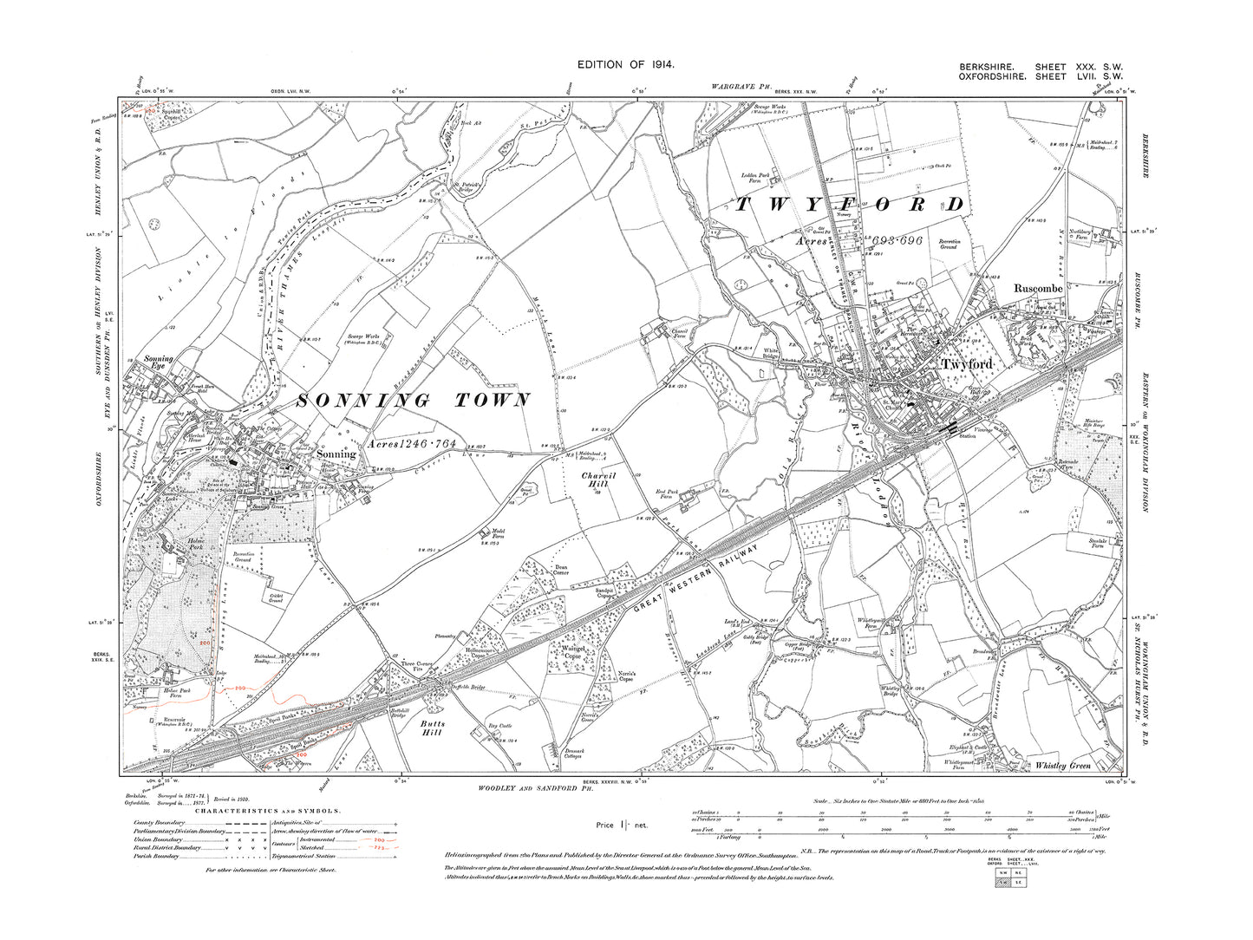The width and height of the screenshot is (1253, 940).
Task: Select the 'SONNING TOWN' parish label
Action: pos(414,401)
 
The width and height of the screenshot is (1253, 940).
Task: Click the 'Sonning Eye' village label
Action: pos(159,362)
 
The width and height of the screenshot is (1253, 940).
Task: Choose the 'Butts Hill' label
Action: pos(432,728)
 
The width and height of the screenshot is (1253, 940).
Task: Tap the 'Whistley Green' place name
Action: pos(1063,766)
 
